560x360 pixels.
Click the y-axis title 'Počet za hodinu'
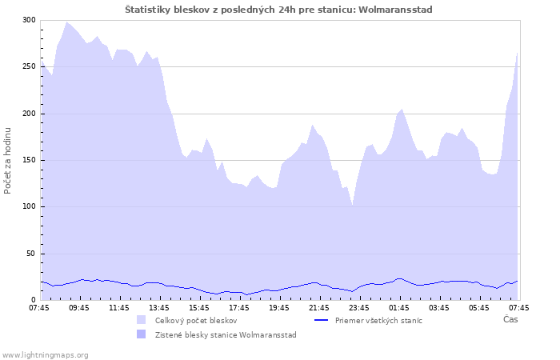pyautogui.click(x=8, y=160)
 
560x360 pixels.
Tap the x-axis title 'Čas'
pyautogui.click(x=510, y=319)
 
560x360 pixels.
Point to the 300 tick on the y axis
pyautogui.click(x=29, y=20)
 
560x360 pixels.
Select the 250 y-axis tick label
pyautogui.click(x=29, y=66)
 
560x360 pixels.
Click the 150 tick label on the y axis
pyautogui.click(x=29, y=160)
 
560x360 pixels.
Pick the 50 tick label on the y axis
pyautogui.click(x=31, y=254)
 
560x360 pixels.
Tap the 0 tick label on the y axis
pyautogui.click(x=34, y=300)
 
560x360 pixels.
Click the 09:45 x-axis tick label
pyautogui.click(x=79, y=307)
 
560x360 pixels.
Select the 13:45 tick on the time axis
pyautogui.click(x=159, y=307)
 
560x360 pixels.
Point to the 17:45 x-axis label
pyautogui.click(x=239, y=307)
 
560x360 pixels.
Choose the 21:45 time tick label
pyautogui.click(x=319, y=307)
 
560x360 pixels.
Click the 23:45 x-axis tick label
pyautogui.click(x=359, y=307)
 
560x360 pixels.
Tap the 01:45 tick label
pyautogui.click(x=399, y=307)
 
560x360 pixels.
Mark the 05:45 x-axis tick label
pyautogui.click(x=479, y=307)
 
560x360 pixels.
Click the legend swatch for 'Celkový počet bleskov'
pyautogui.click(x=142, y=320)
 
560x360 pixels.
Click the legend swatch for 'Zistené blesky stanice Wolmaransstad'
pyautogui.click(x=142, y=334)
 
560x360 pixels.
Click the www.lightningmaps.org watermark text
pyautogui.click(x=46, y=354)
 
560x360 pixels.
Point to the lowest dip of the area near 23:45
pyautogui.click(x=352, y=206)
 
